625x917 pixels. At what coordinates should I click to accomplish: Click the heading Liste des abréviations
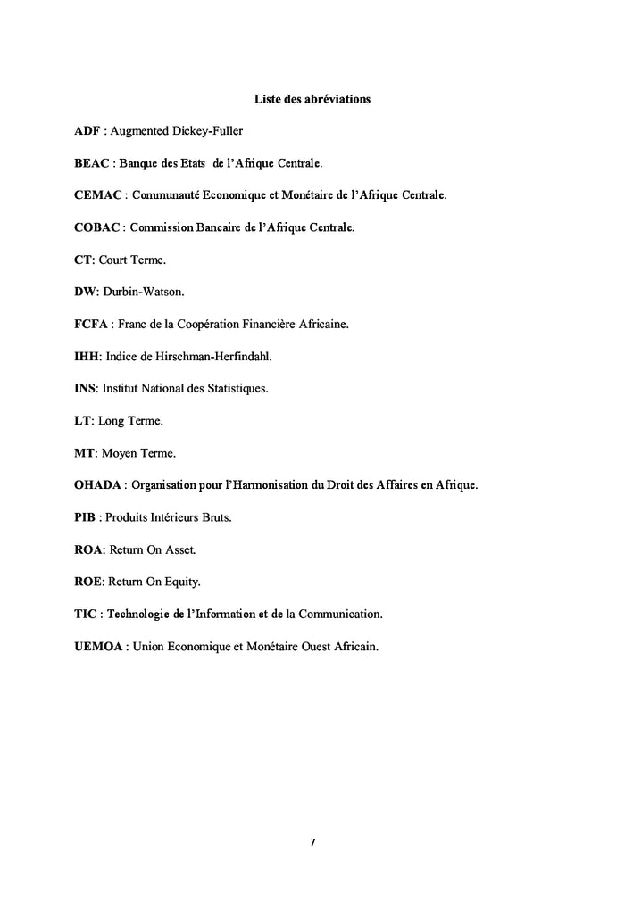click(312, 99)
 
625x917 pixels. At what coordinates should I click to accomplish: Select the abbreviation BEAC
click(92, 164)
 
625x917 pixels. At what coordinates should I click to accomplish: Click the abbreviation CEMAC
click(98, 196)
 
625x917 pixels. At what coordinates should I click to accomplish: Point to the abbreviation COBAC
click(97, 228)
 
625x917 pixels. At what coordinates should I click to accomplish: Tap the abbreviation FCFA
click(91, 325)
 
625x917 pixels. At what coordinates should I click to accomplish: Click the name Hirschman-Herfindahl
click(221, 357)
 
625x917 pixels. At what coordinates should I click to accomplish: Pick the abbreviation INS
click(85, 389)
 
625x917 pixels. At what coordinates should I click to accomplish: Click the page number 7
click(312, 842)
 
